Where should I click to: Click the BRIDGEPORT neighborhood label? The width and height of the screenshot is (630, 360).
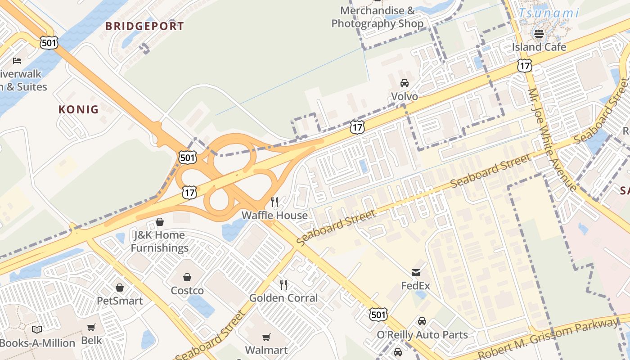[x=144, y=26]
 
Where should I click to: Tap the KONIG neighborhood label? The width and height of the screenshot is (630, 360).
[x=78, y=109]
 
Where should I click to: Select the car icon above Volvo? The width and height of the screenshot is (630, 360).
[x=404, y=83]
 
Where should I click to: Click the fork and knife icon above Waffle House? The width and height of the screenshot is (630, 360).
[x=274, y=202]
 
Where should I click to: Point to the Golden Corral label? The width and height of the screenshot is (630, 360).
[x=283, y=298]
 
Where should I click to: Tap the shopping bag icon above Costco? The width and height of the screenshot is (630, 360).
[x=187, y=277]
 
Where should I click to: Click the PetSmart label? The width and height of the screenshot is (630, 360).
[x=120, y=301]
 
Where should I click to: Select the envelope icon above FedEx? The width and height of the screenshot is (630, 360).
[x=416, y=272]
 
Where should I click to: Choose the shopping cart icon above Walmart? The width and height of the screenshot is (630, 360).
[x=266, y=337]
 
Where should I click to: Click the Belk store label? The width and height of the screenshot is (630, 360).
[x=92, y=341]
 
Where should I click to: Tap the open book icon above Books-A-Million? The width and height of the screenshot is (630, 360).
[x=37, y=329]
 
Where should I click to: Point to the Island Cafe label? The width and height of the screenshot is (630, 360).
[x=539, y=47]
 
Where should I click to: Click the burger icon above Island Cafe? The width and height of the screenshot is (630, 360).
[x=539, y=33]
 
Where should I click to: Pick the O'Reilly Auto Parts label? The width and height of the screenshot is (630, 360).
[x=422, y=335]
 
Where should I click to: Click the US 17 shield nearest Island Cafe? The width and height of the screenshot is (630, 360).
[x=525, y=66]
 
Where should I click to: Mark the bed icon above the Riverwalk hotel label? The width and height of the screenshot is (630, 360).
[x=17, y=60]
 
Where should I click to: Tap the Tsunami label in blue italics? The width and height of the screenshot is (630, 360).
[x=548, y=13]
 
